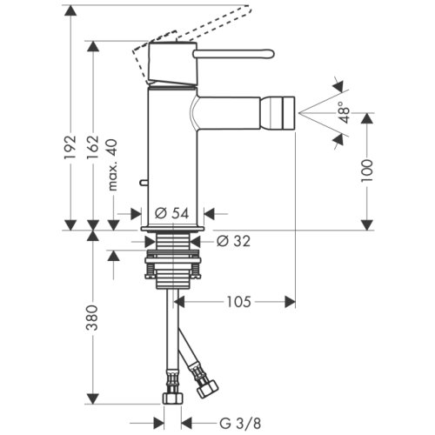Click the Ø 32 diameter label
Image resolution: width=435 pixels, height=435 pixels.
pos(231,241)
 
